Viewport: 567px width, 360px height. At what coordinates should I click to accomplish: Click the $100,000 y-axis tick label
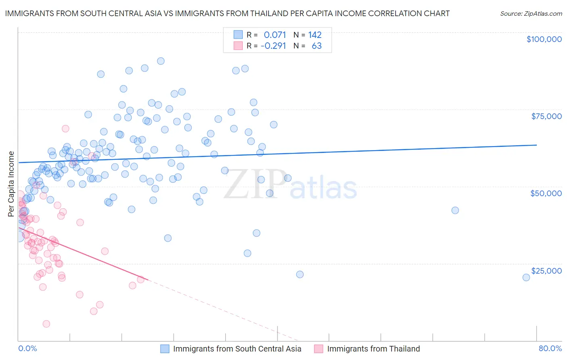pyautogui.click(x=544, y=39)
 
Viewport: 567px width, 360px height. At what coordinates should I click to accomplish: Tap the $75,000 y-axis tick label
pyautogui.click(x=546, y=116)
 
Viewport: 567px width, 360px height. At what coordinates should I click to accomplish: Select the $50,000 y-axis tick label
pyautogui.click(x=546, y=193)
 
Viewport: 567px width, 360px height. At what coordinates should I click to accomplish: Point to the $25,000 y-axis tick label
pyautogui.click(x=546, y=271)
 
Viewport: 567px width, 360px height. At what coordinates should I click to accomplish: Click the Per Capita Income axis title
pyautogui.click(x=11, y=184)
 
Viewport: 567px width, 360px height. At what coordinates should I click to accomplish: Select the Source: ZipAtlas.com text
pyautogui.click(x=531, y=14)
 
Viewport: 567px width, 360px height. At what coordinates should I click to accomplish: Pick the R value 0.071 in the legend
pyautogui.click(x=275, y=35)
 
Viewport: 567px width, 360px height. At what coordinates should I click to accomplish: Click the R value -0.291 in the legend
pyautogui.click(x=273, y=46)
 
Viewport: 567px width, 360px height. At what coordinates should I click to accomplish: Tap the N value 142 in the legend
pyautogui.click(x=315, y=35)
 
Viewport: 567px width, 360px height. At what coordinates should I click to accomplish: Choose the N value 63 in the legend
pyautogui.click(x=317, y=46)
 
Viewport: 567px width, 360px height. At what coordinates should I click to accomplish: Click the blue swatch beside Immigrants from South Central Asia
pyautogui.click(x=165, y=349)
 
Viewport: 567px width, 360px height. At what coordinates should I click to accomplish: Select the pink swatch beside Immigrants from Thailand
pyautogui.click(x=319, y=349)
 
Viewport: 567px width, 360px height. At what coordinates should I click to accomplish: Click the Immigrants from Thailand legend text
pyautogui.click(x=373, y=349)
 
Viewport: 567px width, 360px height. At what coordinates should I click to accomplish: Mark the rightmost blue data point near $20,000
pyautogui.click(x=526, y=277)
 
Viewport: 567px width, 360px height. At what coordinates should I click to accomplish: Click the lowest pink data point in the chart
pyautogui.click(x=46, y=324)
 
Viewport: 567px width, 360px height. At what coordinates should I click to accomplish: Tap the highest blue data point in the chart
pyautogui.click(x=161, y=61)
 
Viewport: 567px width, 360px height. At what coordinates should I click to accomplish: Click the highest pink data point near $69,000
pyautogui.click(x=65, y=129)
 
